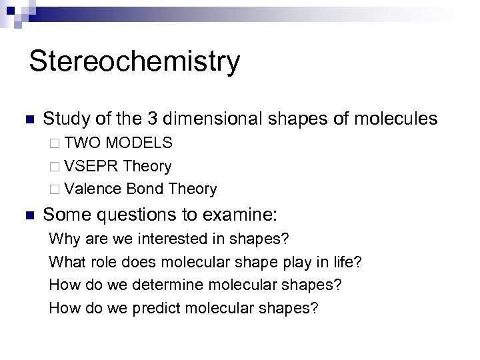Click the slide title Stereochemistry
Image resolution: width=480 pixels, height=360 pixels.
[x=134, y=61]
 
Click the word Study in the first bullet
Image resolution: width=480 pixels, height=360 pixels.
[x=64, y=119]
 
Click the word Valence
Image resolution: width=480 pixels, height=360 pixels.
[x=93, y=189]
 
